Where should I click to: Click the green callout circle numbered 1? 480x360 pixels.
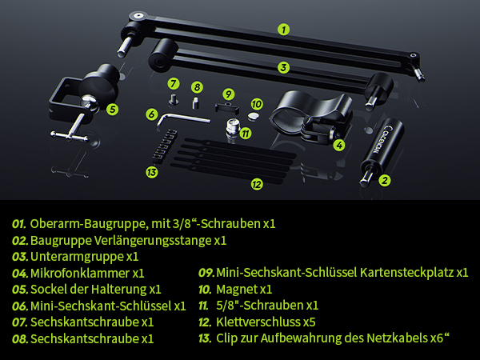point(283,30)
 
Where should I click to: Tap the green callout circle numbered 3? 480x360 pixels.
point(283,67)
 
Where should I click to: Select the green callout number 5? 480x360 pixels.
point(113,109)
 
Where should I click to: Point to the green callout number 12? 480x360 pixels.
point(256,184)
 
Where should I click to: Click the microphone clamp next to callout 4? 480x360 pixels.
point(310,115)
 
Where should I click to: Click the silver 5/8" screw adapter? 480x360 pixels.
point(234,129)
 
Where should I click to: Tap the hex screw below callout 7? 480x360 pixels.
point(173,98)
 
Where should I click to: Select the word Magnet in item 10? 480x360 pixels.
point(237,289)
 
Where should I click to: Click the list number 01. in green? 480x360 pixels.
point(20,223)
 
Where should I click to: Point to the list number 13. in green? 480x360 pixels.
point(206,338)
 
